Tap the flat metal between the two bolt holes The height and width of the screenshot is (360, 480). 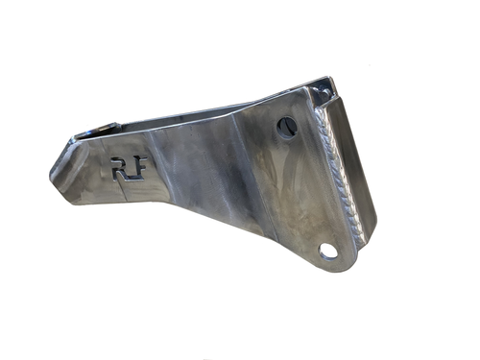tap(307, 187)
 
